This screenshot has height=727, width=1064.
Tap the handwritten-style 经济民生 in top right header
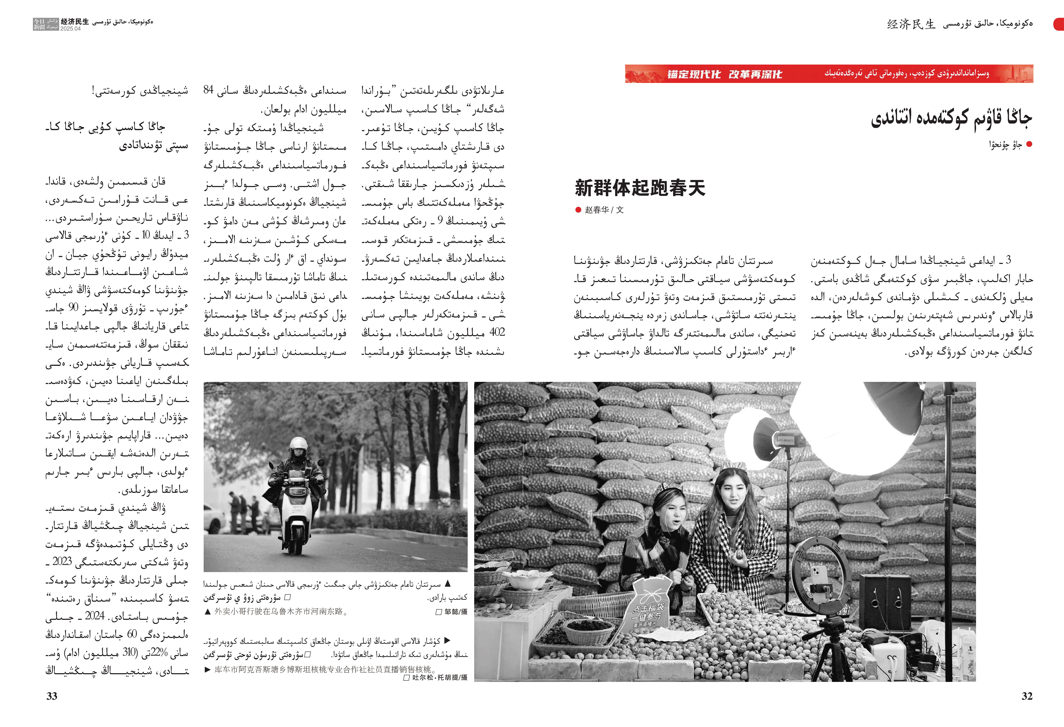(x=911, y=24)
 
